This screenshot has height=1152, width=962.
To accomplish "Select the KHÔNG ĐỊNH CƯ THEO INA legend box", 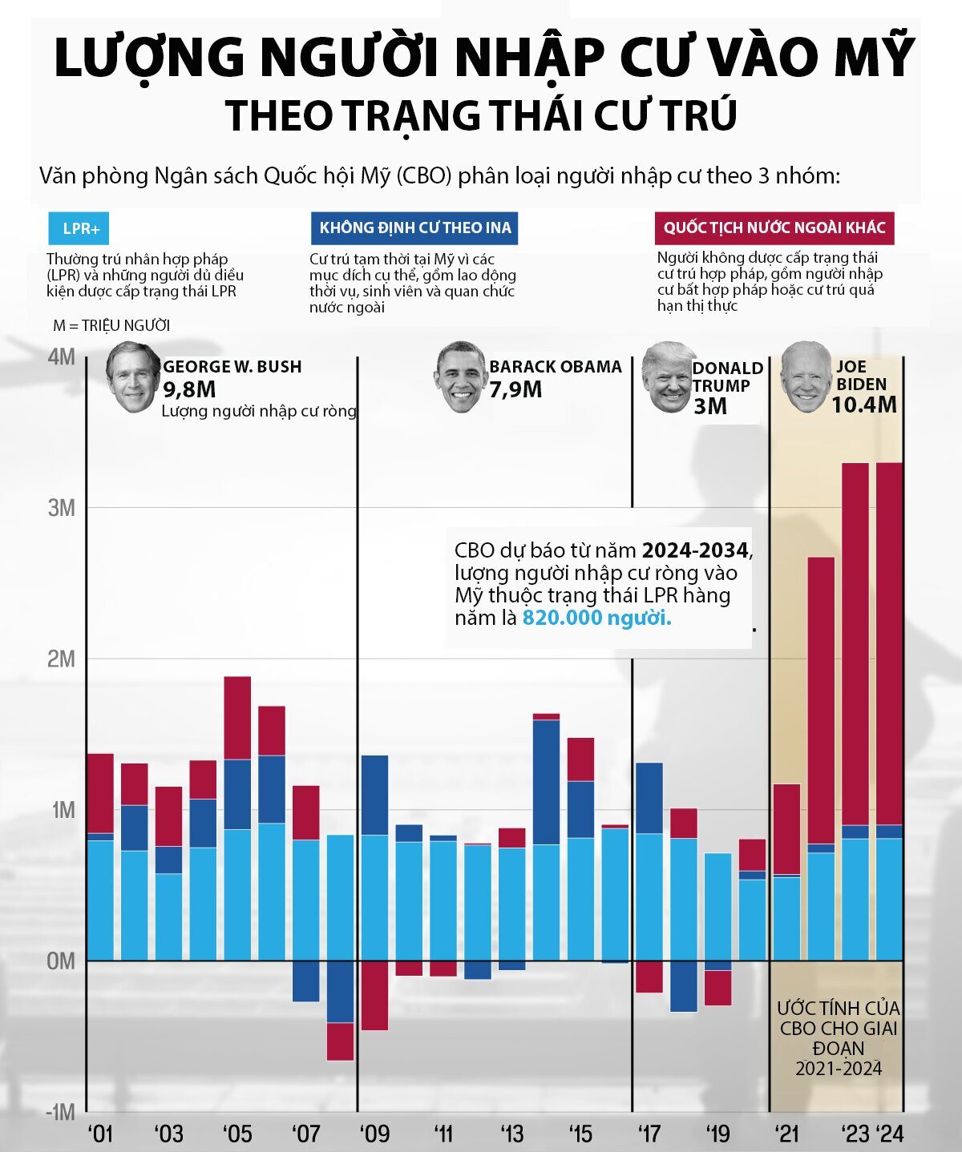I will click(414, 228).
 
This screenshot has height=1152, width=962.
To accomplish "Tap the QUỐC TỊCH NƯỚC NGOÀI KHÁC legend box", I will click(774, 228).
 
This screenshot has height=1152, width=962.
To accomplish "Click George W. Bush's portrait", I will click(133, 377).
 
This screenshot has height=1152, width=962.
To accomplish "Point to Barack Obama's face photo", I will click(462, 377).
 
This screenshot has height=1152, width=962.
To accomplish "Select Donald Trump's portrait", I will click(668, 377).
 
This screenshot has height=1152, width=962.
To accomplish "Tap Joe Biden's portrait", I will click(806, 377).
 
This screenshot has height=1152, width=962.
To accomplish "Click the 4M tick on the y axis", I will click(62, 357).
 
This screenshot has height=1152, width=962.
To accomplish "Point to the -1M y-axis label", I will click(59, 1112).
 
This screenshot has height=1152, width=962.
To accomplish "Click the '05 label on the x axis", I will click(236, 1134).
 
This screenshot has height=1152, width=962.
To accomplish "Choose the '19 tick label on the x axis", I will click(717, 1134).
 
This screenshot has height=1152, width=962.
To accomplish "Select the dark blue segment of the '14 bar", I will click(546, 781).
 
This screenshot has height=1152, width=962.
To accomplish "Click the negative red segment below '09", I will click(374, 994).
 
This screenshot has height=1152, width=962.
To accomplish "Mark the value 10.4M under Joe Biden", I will click(863, 405).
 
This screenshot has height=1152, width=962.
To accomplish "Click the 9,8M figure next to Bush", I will click(189, 390).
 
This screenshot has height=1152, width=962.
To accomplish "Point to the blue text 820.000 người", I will click(596, 618).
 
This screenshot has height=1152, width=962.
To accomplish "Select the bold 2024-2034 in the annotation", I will click(695, 550).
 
